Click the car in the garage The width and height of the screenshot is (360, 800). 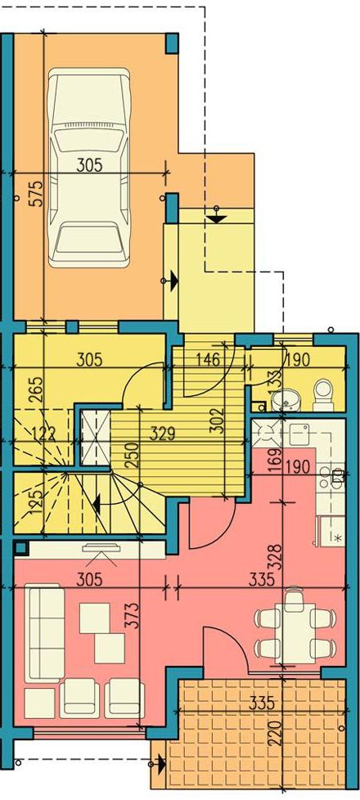pos(88,168)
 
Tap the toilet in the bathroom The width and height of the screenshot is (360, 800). pos(323,395)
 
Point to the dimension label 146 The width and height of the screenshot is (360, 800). pos(207,360)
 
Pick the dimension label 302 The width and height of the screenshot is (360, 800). pos(217,420)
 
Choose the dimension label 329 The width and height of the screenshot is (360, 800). pos(162,434)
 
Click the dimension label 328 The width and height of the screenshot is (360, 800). pos(275,559)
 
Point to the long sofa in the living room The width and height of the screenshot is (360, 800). pos(45,634)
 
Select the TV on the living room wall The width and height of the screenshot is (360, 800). pos(102,549)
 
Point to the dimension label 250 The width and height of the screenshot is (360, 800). pos(131,452)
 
